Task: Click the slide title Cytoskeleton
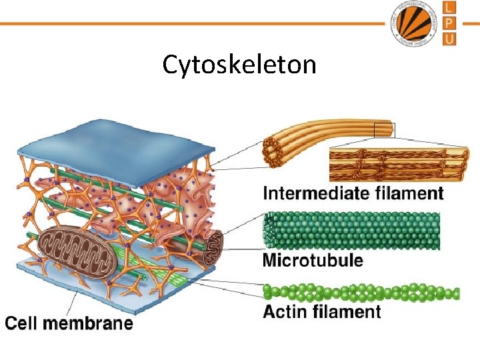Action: click(x=239, y=65)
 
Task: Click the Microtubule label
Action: click(x=313, y=260)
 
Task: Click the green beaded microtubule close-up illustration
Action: click(x=352, y=231)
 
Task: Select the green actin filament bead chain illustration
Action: click(x=361, y=293)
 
